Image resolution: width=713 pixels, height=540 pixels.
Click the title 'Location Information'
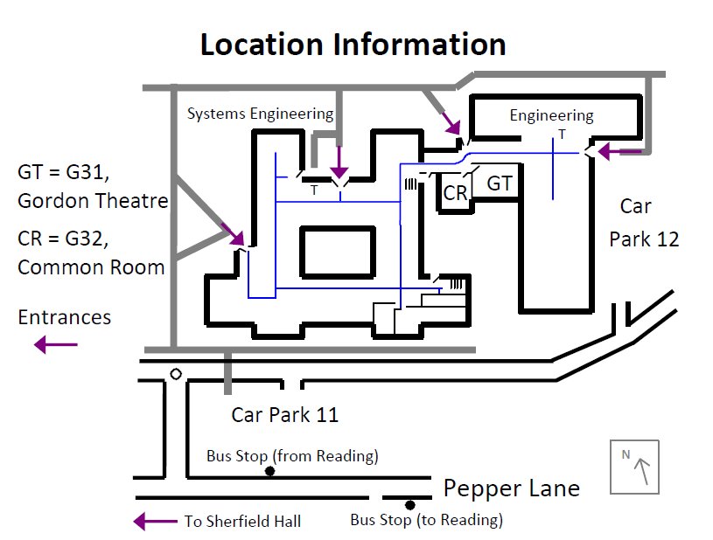click(353, 44)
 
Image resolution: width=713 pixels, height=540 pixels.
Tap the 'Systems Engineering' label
click(260, 114)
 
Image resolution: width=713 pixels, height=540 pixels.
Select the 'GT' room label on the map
click(499, 183)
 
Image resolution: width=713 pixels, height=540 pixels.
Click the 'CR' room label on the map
click(454, 193)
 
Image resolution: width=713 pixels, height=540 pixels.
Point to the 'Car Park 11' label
click(284, 414)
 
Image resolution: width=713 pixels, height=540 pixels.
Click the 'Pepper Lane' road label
click(511, 488)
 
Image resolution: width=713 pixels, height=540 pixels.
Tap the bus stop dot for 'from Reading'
click(269, 472)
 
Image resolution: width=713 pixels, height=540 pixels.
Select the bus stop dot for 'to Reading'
click(409, 505)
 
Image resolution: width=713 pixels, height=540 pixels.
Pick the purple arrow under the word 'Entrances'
click(56, 345)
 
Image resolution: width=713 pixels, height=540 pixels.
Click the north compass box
click(634, 467)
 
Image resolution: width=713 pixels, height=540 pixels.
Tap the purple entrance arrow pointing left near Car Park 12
click(618, 152)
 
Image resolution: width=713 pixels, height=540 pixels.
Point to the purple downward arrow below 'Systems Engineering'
click(339, 163)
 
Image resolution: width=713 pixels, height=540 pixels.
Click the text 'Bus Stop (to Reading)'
click(426, 521)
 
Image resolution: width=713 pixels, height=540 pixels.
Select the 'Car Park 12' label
click(643, 223)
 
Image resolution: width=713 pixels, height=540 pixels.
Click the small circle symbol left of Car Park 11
click(176, 374)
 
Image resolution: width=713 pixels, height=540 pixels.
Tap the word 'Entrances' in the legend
click(64, 317)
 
